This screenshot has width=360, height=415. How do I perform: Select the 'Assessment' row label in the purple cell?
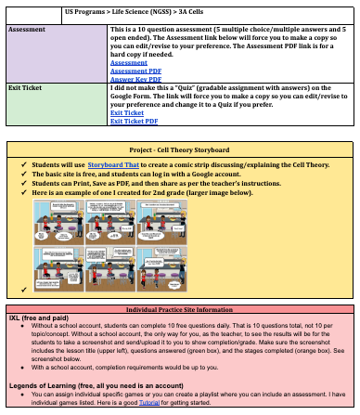[x=27, y=30]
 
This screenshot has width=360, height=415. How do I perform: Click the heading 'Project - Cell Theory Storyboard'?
[x=180, y=149]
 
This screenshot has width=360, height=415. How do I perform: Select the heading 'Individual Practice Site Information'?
[x=180, y=309]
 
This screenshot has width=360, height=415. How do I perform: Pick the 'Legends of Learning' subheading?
[x=74, y=384]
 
